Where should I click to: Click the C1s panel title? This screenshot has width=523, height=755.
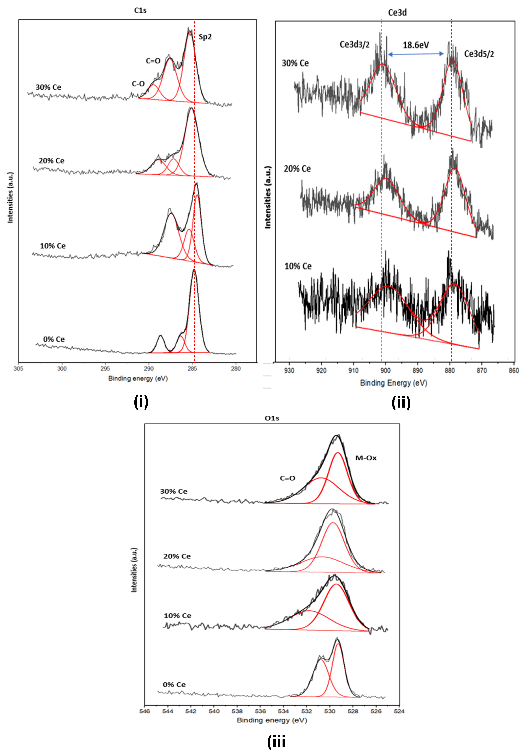pyautogui.click(x=140, y=11)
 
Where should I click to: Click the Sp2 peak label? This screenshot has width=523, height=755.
pyautogui.click(x=205, y=37)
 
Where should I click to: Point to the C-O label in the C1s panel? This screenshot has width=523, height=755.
pyautogui.click(x=138, y=84)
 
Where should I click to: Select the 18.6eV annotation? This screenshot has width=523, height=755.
pyautogui.click(x=416, y=45)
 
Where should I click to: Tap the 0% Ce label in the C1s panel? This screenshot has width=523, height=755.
pyautogui.click(x=54, y=339)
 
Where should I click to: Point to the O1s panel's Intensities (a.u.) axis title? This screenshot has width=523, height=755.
pyautogui.click(x=134, y=570)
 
